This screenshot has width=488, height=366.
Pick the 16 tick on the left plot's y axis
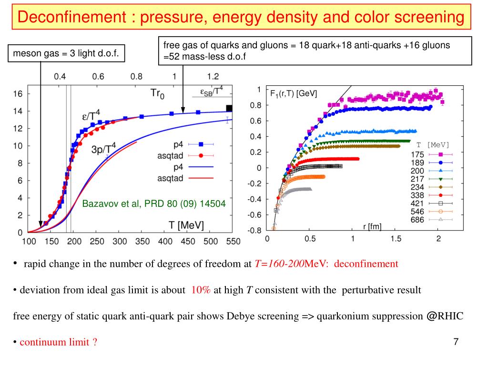(18, 94)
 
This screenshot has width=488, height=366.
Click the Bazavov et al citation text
(154, 204)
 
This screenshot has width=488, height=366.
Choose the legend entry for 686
(417, 220)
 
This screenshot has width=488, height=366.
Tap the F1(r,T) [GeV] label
(294, 94)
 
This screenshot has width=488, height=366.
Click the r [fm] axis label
(372, 227)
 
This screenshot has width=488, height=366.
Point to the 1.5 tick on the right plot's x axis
(396, 239)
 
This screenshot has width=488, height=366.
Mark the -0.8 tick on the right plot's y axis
(255, 231)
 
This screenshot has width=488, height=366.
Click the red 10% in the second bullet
(201, 290)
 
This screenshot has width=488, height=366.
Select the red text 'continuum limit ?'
(59, 342)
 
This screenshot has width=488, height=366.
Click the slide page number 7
(456, 342)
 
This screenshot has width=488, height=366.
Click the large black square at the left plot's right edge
(229, 108)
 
